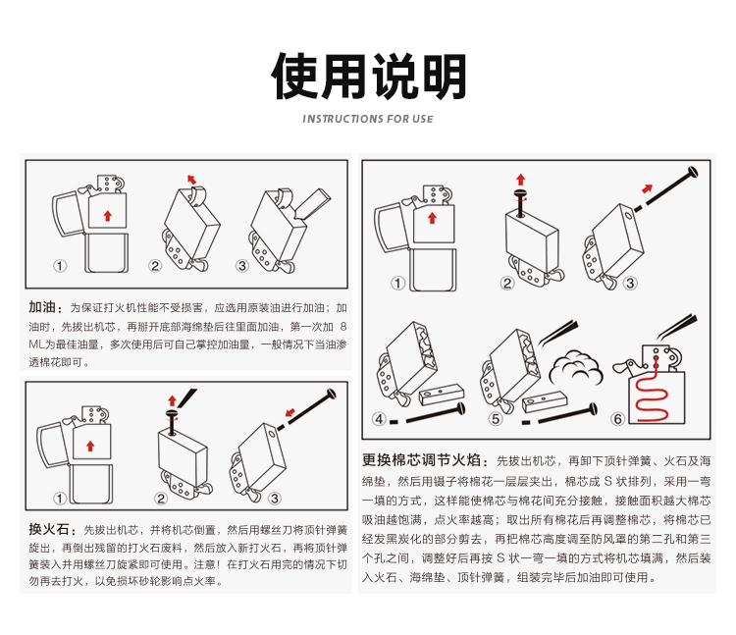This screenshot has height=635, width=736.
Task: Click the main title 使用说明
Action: [x=369, y=76]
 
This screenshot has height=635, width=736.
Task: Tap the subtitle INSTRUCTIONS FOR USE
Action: [x=368, y=119]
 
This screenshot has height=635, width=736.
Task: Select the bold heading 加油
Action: [x=42, y=307]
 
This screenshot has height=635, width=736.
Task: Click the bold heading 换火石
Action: [x=49, y=529]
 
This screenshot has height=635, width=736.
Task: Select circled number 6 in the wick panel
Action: [x=618, y=419]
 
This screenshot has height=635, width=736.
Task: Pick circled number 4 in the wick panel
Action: [x=379, y=419]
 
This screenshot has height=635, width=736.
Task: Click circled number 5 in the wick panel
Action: [x=496, y=419]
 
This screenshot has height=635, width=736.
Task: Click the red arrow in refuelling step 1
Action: [x=108, y=216]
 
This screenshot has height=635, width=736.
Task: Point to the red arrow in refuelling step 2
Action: [x=191, y=180]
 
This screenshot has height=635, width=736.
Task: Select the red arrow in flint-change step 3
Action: [x=290, y=412]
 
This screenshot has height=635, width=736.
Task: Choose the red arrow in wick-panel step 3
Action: [x=648, y=188]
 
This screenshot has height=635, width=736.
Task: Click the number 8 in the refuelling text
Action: [x=343, y=326]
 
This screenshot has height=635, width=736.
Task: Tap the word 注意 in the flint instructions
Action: [x=205, y=564]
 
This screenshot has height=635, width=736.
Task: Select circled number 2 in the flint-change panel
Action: [x=161, y=498]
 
